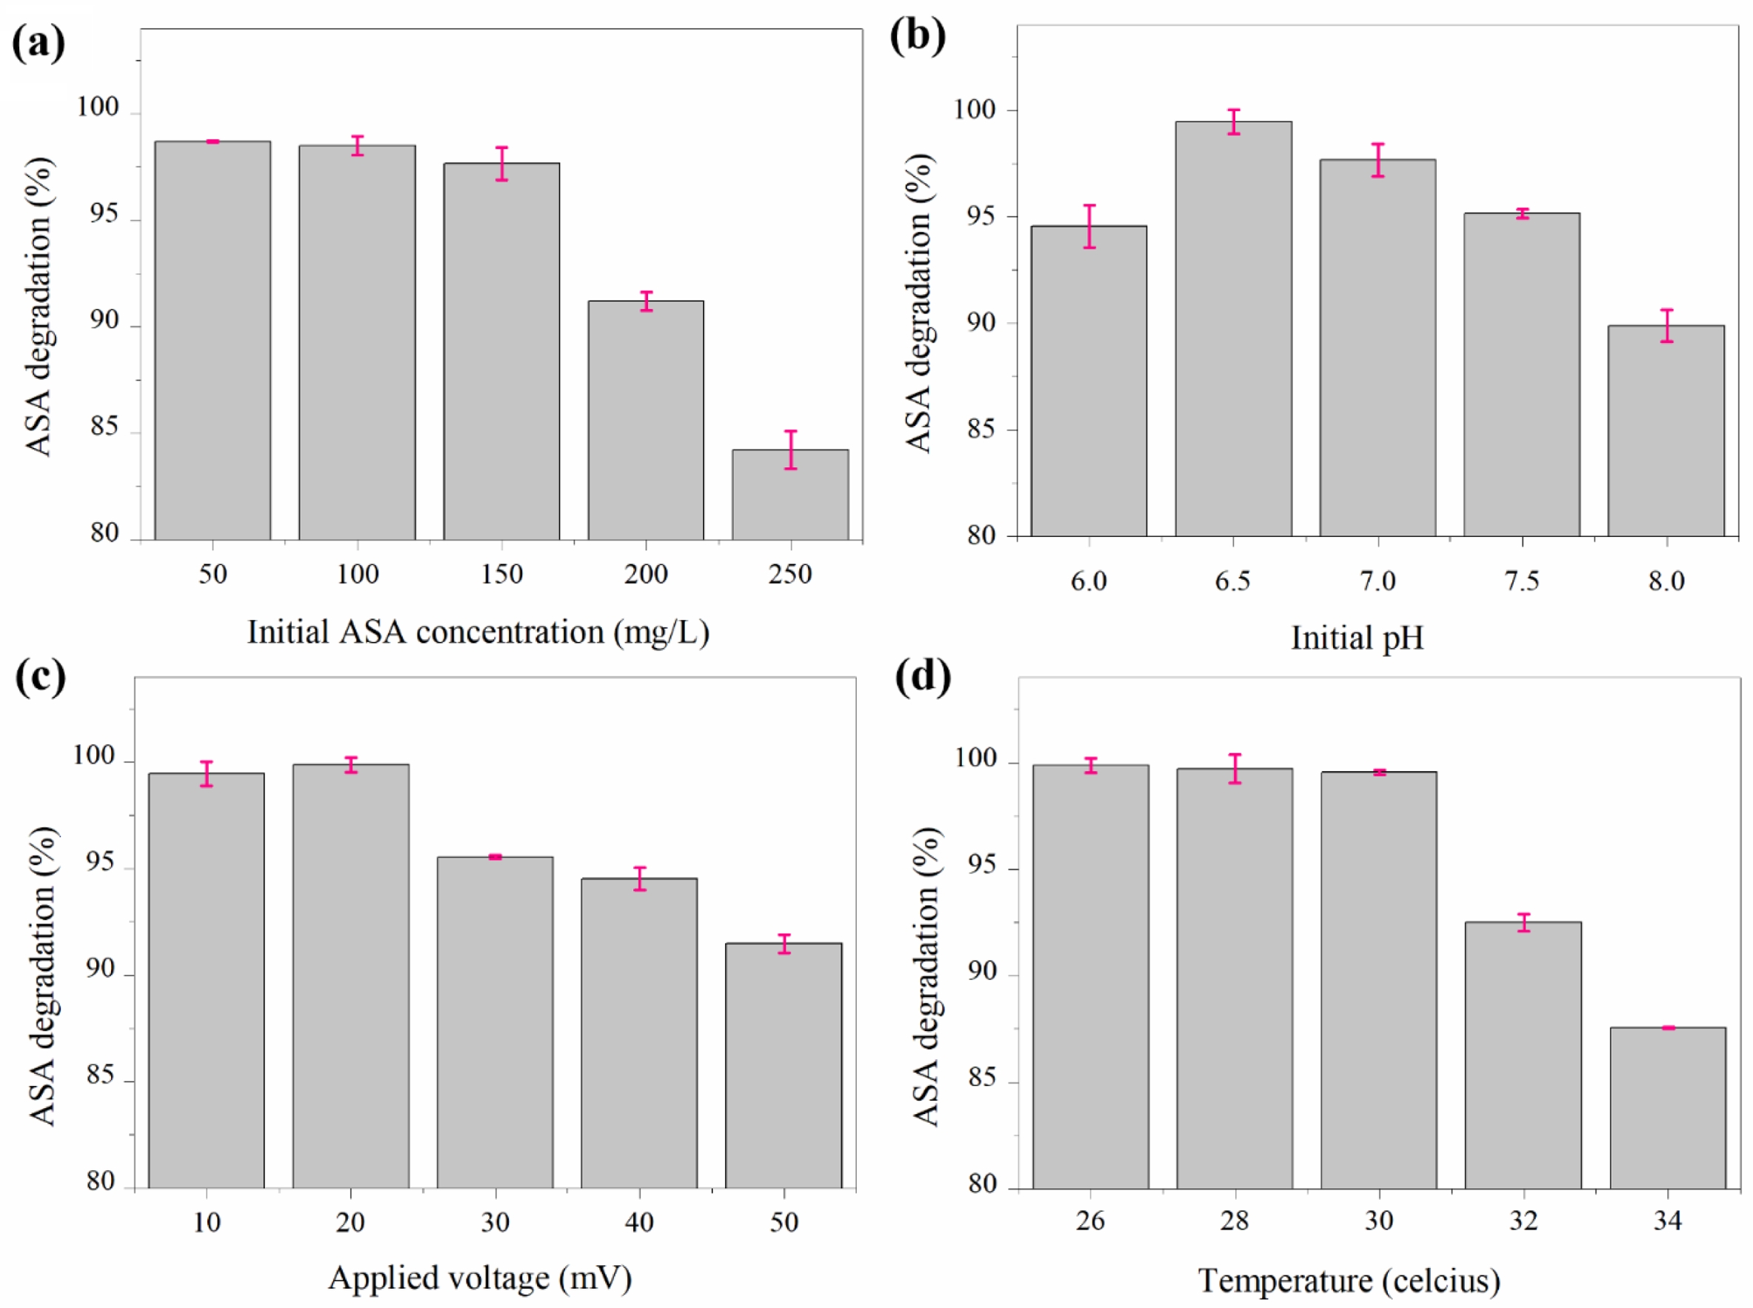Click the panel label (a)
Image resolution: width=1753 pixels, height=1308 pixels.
(38, 43)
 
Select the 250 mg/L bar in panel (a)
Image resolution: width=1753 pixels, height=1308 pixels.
(789, 495)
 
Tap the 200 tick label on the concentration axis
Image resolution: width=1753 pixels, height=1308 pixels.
(645, 574)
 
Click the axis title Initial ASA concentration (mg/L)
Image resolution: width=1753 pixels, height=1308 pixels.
(478, 633)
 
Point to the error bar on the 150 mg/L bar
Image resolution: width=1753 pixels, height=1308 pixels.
(501, 164)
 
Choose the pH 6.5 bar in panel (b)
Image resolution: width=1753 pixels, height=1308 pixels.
(1233, 329)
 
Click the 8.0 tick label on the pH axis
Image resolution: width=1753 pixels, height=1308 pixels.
(1666, 582)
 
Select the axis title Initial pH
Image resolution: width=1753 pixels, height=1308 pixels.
(1356, 638)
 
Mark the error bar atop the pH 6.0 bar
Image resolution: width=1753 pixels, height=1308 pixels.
(1089, 227)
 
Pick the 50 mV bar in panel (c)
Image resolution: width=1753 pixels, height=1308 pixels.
(783, 1065)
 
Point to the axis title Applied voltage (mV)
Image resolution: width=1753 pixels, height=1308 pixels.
(480, 1278)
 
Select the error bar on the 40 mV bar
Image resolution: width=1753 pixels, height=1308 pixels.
(639, 879)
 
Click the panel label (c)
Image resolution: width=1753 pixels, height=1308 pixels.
(41, 678)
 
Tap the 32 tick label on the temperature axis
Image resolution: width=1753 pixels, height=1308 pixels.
(1523, 1221)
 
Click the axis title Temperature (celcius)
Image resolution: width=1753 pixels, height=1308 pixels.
(1349, 1281)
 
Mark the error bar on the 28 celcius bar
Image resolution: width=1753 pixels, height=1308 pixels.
(1235, 769)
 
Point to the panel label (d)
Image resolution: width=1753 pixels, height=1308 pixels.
(923, 678)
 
